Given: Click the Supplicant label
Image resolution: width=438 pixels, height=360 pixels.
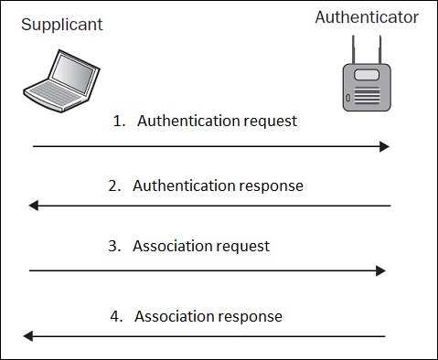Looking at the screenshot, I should point(62,25).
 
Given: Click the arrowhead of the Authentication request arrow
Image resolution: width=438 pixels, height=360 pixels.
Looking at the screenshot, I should point(385,146).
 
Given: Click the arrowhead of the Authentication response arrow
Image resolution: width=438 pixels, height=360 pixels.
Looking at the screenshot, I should point(34,206).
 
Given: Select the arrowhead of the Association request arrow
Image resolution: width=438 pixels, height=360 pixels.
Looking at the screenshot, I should point(381,270).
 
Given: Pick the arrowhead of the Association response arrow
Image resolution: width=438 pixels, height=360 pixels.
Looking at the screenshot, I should point(29,336).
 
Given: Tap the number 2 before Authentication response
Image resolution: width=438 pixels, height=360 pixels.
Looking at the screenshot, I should point(112,185).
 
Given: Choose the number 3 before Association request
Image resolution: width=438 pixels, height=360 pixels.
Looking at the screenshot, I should point(112,247).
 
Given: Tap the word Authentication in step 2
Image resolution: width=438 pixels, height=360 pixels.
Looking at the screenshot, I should point(184,185).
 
